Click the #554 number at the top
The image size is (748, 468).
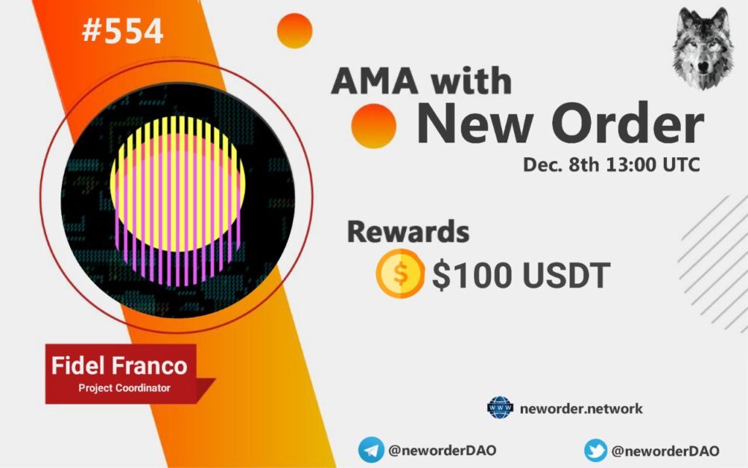(123, 31)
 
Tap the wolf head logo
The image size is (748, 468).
(703, 49)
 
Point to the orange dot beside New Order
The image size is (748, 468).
(373, 126)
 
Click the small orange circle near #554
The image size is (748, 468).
(294, 31)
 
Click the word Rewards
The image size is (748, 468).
(408, 232)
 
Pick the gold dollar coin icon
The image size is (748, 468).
(400, 273)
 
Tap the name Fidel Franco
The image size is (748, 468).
(119, 366)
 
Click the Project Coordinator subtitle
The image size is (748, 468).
(124, 388)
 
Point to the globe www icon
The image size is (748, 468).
(500, 408)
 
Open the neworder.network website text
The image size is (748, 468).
(581, 409)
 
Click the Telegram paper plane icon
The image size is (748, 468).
(370, 450)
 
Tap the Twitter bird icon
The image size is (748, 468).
(596, 450)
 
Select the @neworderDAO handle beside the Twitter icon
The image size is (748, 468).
(665, 450)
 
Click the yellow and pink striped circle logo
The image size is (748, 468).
(178, 200)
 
